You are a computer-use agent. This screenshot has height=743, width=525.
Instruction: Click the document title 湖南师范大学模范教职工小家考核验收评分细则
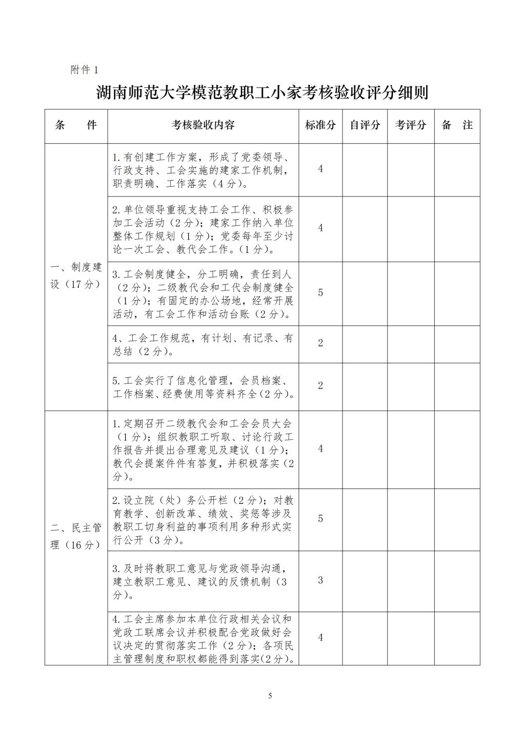[262, 93]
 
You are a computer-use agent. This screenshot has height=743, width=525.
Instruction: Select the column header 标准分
[320, 125]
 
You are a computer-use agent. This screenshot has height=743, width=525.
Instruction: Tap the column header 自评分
[365, 125]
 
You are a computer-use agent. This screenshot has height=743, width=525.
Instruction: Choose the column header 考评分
[411, 125]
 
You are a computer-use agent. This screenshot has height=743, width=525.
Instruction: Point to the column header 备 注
[457, 125]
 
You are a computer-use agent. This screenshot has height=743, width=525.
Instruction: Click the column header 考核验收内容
[203, 125]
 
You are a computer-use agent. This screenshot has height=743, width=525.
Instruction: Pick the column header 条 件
[76, 125]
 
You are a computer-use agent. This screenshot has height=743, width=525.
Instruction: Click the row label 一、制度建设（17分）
[76, 276]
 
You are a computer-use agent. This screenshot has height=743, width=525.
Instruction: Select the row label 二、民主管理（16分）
[76, 536]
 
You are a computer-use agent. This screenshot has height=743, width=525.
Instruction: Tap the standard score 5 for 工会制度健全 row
[320, 293]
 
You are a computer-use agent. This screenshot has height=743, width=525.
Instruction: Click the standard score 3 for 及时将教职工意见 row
[320, 581]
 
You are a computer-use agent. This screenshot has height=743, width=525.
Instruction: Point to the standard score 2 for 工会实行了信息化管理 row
[320, 386]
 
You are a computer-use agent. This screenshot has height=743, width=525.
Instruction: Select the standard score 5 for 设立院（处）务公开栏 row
[320, 519]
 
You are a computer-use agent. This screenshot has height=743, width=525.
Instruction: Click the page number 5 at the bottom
[270, 696]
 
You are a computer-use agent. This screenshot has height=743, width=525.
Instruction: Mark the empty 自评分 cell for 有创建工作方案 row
[365, 169]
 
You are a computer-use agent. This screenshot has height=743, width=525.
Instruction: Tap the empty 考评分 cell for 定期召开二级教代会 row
[411, 449]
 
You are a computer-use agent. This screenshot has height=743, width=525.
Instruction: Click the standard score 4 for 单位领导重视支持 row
[320, 228]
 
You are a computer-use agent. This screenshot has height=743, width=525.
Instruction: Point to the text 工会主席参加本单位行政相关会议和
[203, 619]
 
